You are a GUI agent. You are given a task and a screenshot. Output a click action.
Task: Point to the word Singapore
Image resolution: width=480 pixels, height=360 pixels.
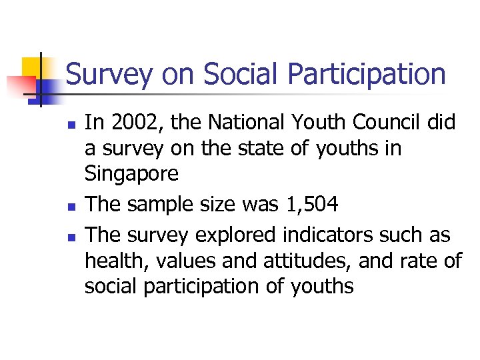[132, 174]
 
